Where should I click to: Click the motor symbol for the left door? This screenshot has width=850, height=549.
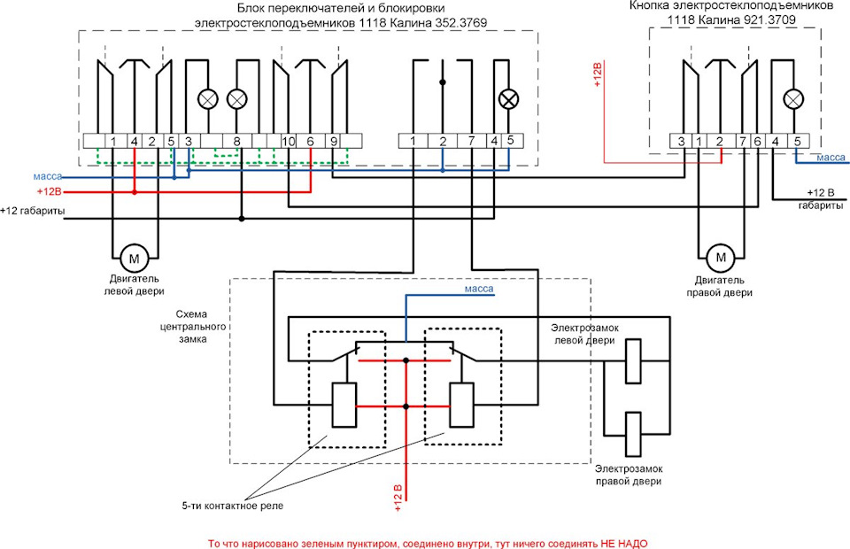tap(134, 259)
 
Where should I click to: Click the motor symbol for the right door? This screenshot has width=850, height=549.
tap(721, 257)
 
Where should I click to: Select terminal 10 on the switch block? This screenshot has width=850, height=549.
tap(288, 142)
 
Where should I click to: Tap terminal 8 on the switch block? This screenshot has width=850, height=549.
tap(237, 142)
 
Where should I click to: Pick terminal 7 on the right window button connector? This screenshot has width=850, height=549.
tap(742, 142)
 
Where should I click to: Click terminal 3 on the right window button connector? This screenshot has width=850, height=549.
tap(681, 142)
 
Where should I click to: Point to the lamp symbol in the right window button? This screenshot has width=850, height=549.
tap(793, 99)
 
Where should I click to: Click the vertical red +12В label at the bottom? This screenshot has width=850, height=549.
tap(398, 498)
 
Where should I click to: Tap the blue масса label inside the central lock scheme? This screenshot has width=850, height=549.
tap(479, 289)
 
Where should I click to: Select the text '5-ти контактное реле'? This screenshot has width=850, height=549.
tap(232, 506)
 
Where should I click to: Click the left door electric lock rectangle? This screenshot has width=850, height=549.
tap(633, 361)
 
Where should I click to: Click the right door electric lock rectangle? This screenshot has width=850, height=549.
tap(633, 434)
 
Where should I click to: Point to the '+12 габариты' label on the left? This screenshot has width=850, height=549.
tap(33, 210)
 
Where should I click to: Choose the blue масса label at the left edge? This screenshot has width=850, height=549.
tap(48, 177)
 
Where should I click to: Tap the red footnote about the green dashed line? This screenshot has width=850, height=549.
tap(428, 544)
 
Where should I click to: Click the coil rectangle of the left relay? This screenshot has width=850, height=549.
tap(344, 405)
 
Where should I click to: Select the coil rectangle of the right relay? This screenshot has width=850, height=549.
tap(461, 405)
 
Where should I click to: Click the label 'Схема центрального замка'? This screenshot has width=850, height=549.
tap(193, 327)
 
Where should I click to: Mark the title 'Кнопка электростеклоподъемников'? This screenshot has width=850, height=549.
tap(731, 6)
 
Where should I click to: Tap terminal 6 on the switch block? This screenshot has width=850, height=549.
tap(310, 142)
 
